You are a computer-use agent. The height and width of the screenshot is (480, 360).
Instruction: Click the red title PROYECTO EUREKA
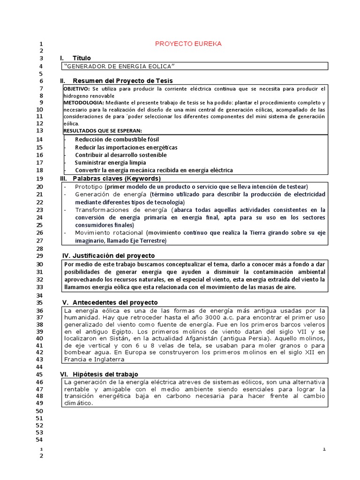[x=188, y=44]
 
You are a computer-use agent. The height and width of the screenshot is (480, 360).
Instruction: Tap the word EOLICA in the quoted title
[x=160, y=66]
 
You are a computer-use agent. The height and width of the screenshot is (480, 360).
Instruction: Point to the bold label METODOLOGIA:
[x=83, y=103]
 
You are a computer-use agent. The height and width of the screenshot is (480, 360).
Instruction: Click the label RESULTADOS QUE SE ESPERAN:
[x=102, y=130]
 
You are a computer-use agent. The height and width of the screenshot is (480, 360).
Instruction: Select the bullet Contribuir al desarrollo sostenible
[x=120, y=155]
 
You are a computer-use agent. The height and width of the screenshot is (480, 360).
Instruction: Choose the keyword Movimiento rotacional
[x=109, y=232]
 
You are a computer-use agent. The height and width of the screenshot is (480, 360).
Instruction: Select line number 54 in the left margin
[x=39, y=440]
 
